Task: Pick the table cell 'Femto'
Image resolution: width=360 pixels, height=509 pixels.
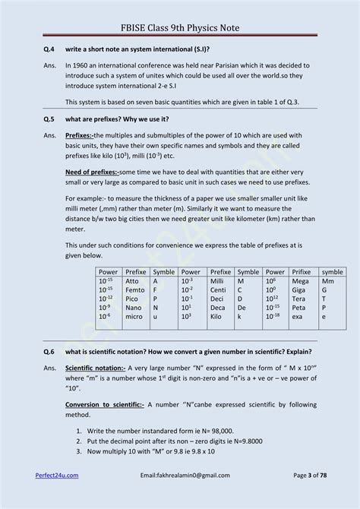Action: [x=135, y=289]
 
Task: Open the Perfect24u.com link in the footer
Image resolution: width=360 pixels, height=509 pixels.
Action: [x=57, y=474]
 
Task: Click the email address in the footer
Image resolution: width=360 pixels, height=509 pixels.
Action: [x=185, y=474]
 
